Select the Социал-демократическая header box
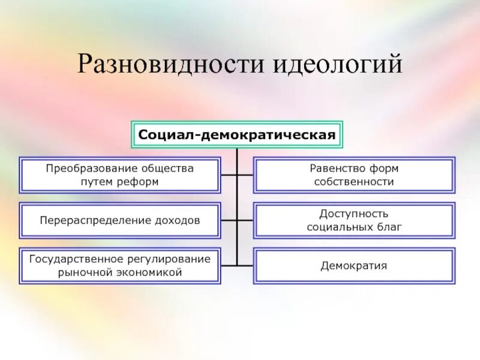pos(237,134)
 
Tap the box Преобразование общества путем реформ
pos(120,175)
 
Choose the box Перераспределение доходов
pos(120,220)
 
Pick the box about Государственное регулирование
pos(120,265)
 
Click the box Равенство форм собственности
pos(354,175)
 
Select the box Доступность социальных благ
pos(354,220)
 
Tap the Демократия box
pos(354,265)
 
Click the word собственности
pos(354,182)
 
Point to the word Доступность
pos(354,214)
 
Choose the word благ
pos(390,227)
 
